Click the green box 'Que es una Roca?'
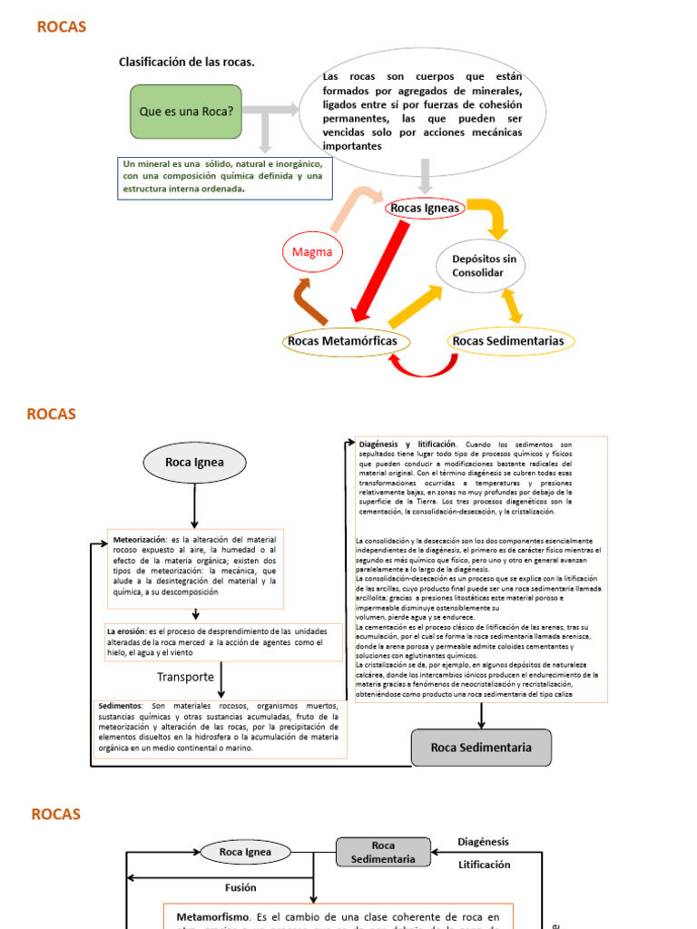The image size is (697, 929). (186, 111)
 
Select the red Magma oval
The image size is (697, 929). (312, 251)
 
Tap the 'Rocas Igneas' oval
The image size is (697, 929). (425, 209)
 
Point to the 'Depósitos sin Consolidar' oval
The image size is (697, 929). (483, 266)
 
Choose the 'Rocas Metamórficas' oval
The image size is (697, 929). (346, 341)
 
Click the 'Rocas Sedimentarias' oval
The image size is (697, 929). (507, 341)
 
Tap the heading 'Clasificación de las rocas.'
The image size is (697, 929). (187, 62)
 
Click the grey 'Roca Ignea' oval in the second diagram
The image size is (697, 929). (194, 463)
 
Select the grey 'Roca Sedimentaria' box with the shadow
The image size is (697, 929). (480, 748)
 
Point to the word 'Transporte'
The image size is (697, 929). (185, 677)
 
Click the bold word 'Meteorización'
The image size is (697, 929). (140, 539)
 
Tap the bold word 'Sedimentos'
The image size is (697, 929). (120, 705)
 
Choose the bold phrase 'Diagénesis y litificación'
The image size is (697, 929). (408, 444)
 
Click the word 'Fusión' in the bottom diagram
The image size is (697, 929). (241, 887)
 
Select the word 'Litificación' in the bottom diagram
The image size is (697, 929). (484, 865)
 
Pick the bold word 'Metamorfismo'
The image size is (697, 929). (212, 917)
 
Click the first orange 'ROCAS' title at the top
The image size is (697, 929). (62, 27)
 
